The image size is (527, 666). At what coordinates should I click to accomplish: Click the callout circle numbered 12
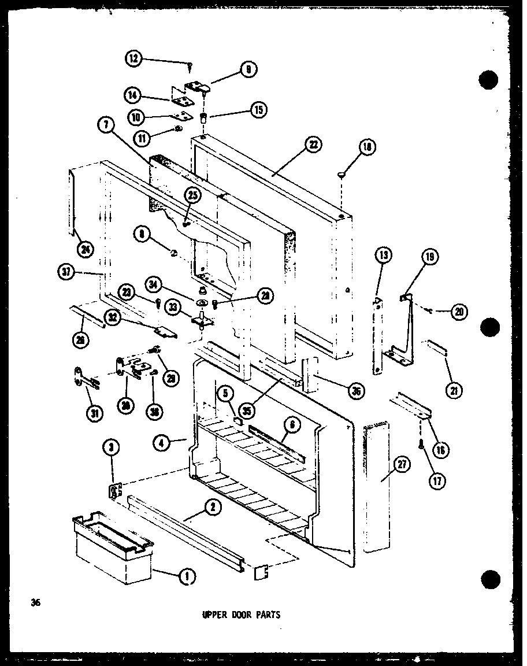pyautogui.click(x=134, y=58)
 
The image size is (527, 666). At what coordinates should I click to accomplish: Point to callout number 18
pyautogui.click(x=366, y=149)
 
